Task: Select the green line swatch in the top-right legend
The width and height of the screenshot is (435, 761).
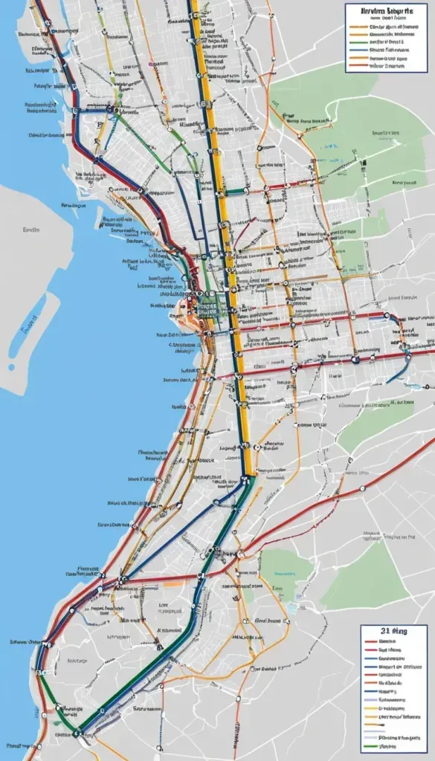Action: point(358,42)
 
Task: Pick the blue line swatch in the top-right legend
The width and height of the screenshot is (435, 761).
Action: point(358,49)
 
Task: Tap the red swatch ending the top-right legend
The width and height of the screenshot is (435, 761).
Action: point(358,65)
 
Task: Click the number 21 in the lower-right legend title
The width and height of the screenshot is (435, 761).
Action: point(383,630)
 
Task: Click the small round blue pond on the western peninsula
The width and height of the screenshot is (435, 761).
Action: point(11,366)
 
